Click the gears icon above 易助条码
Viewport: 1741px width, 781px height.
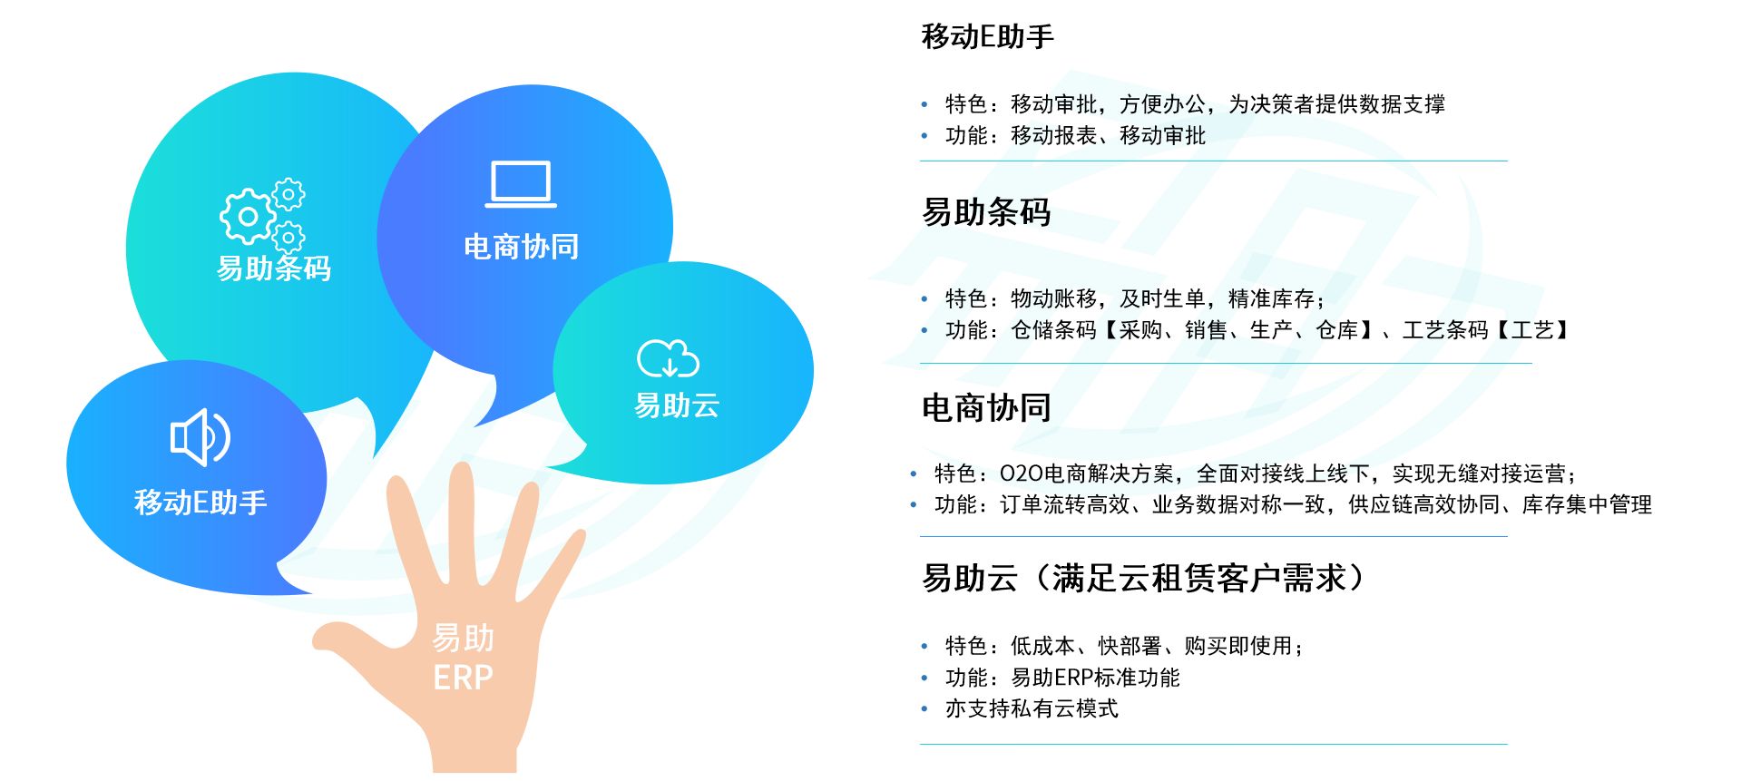point(262,214)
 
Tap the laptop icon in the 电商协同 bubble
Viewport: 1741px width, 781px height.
point(521,184)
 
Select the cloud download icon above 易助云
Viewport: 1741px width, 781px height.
point(669,358)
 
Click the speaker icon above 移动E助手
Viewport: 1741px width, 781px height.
point(201,437)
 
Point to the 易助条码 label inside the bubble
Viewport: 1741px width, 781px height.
point(274,268)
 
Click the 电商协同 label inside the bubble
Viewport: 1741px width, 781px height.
point(521,247)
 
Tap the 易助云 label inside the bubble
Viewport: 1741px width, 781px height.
point(677,405)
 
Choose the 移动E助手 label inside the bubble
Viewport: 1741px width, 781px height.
point(201,502)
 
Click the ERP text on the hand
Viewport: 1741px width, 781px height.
point(463,678)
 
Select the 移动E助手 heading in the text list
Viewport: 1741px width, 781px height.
point(988,37)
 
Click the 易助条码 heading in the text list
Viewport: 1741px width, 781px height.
point(986,212)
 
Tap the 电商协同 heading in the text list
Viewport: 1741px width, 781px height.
point(986,408)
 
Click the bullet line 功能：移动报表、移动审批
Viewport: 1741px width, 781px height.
point(1075,136)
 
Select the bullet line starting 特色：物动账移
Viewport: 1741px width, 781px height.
point(1135,298)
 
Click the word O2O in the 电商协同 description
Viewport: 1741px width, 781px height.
point(1021,473)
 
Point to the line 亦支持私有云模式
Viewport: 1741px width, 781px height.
point(1032,708)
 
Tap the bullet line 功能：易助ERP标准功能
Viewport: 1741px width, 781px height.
point(1062,678)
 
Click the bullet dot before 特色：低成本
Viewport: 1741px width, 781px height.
point(924,647)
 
